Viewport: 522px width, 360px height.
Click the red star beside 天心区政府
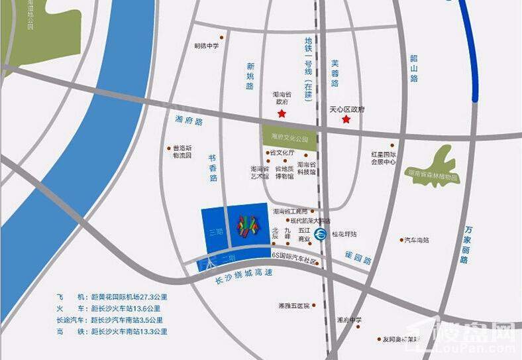(x=346, y=119)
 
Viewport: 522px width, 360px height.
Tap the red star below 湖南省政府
(x=282, y=115)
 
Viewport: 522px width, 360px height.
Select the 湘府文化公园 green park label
(x=290, y=139)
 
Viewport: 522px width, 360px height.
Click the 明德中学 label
(x=206, y=46)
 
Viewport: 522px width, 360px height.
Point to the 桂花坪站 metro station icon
(x=320, y=234)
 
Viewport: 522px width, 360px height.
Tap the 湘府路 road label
(x=189, y=121)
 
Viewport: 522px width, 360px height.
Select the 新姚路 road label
(x=250, y=76)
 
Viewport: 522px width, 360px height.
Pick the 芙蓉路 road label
(x=335, y=74)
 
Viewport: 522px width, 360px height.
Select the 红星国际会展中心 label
(x=384, y=158)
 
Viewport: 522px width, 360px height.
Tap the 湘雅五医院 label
(x=294, y=306)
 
